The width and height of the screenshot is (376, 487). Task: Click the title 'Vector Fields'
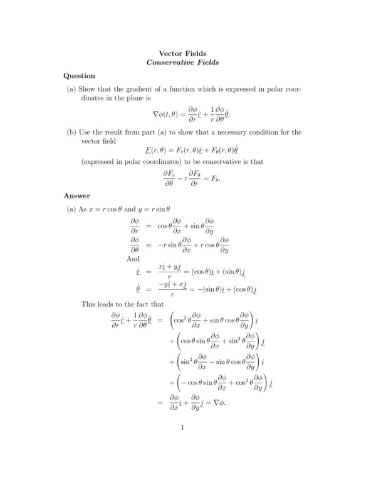(x=182, y=54)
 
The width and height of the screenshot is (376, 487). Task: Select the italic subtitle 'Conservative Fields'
(x=182, y=63)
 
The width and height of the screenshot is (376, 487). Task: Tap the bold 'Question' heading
(x=79, y=76)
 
